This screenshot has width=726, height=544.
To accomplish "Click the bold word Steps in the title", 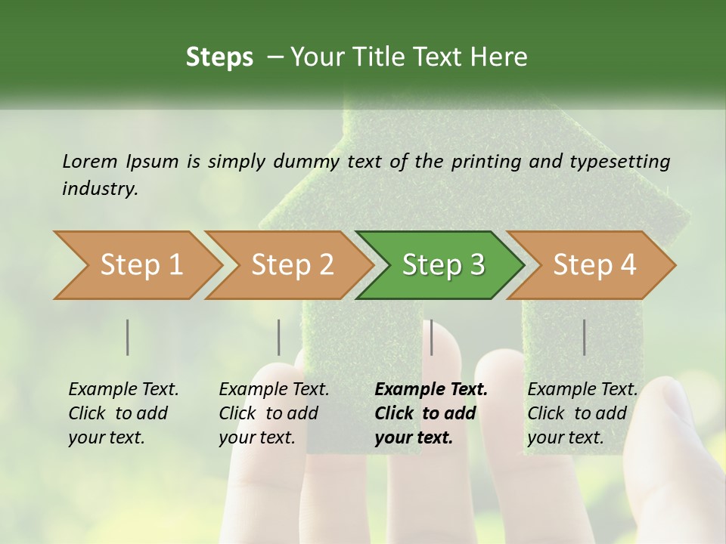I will pyautogui.click(x=219, y=57).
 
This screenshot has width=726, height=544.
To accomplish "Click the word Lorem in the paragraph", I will pyautogui.click(x=90, y=161).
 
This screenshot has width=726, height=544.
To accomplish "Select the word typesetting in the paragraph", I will pyautogui.click(x=619, y=161).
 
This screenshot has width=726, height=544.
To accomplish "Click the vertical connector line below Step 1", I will pyautogui.click(x=127, y=337).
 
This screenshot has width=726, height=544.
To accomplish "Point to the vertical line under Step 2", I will pyautogui.click(x=278, y=337).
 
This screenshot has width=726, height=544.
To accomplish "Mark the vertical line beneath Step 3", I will pyautogui.click(x=431, y=337).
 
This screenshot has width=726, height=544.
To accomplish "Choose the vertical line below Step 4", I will pyautogui.click(x=584, y=337).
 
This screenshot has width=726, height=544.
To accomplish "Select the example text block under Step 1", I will pyautogui.click(x=123, y=413).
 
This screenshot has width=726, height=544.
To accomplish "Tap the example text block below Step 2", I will pyautogui.click(x=274, y=413).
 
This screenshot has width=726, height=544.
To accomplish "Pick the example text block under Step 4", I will pyautogui.click(x=582, y=413).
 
